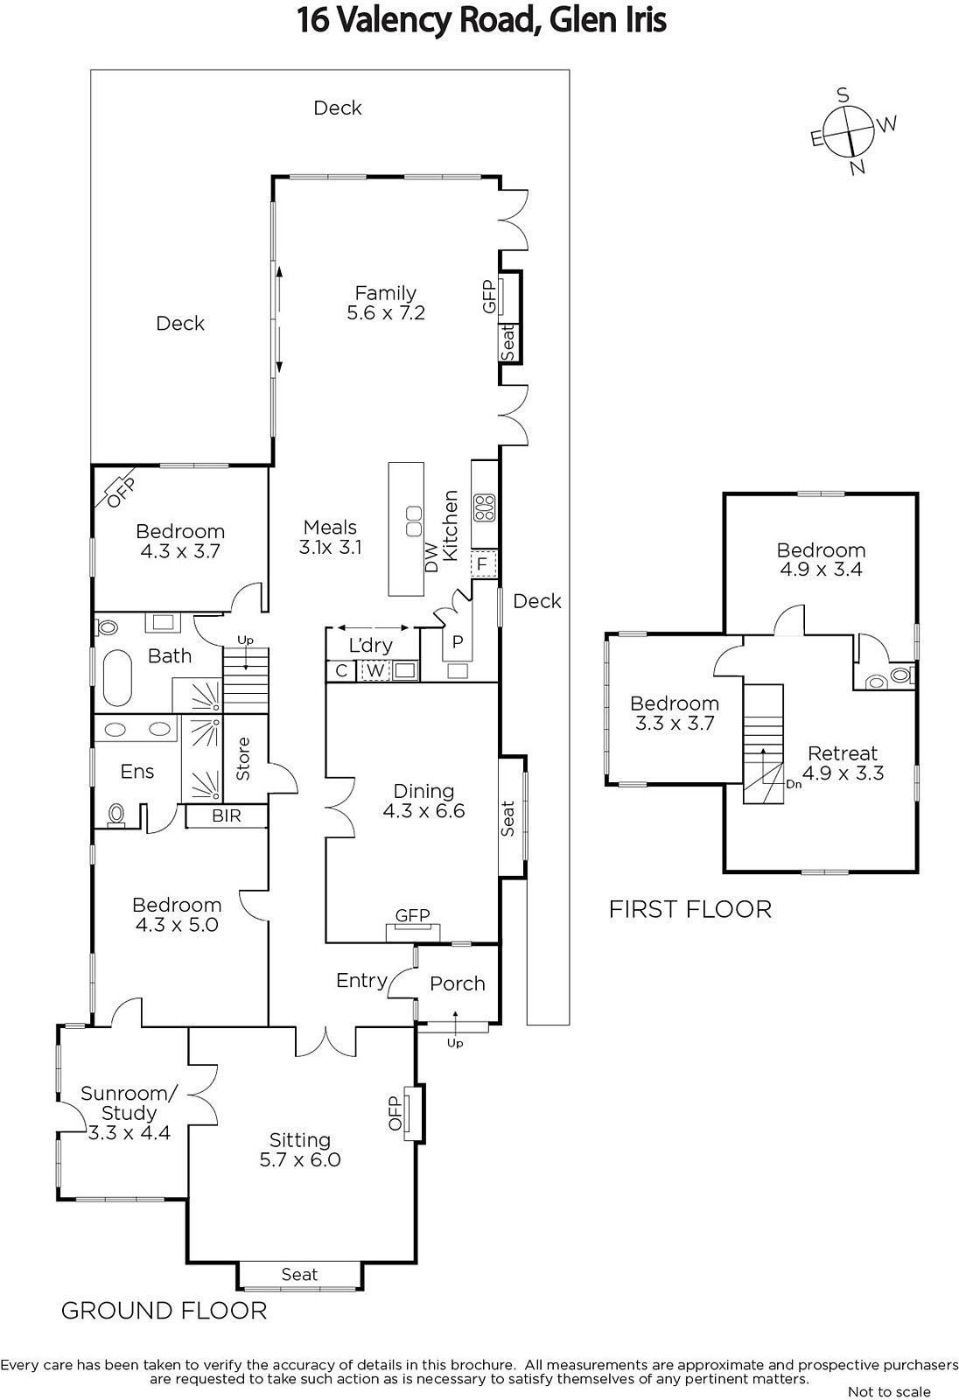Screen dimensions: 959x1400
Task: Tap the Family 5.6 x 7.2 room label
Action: [x=386, y=303]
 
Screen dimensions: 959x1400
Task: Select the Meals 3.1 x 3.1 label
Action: [x=330, y=537]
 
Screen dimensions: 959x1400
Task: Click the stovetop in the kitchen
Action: [x=485, y=507]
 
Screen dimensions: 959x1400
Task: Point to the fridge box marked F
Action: [x=482, y=564]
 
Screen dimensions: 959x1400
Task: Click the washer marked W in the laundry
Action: [x=375, y=670]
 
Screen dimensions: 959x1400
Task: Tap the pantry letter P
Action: [x=458, y=642]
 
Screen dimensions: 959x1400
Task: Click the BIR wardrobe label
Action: [x=227, y=815]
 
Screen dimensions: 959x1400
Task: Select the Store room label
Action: [x=243, y=759]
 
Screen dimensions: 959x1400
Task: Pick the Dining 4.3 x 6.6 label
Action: [x=423, y=801]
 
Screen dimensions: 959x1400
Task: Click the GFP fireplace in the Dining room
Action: [x=413, y=925]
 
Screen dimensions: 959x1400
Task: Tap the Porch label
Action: [x=458, y=983]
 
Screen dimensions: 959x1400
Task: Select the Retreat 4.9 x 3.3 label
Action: [x=843, y=763]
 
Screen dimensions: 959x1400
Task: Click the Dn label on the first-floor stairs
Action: [x=794, y=784]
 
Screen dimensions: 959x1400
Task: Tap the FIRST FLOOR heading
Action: [x=690, y=909]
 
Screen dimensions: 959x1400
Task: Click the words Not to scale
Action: [x=889, y=1391]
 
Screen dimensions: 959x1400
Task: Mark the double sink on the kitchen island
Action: [x=414, y=521]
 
